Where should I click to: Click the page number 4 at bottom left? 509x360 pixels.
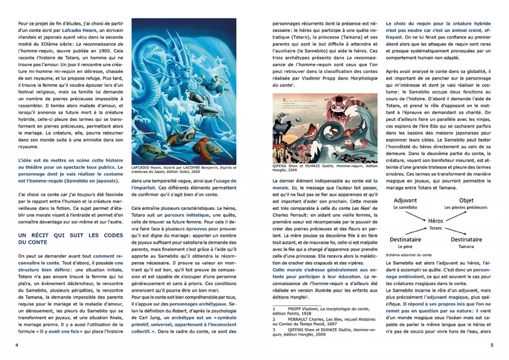[17, 345]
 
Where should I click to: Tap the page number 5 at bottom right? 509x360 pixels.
[491, 345]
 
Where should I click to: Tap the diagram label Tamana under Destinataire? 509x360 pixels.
[466, 246]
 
